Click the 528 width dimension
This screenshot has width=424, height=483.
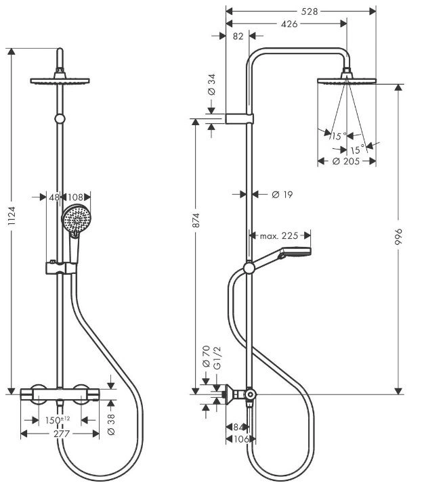[x=309, y=11]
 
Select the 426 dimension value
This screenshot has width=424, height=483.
[x=289, y=24]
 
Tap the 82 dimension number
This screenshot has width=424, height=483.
[x=238, y=36]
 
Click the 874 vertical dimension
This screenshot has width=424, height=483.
[x=196, y=220]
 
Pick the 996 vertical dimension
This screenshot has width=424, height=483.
[x=399, y=237]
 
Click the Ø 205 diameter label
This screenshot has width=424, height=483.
[x=346, y=161]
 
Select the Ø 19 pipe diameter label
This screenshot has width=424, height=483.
[x=282, y=194]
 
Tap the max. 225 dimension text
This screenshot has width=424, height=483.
[x=279, y=236]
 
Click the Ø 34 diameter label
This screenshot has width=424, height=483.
[x=211, y=85]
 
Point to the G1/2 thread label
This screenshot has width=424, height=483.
[x=217, y=358]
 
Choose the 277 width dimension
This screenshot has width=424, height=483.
[x=62, y=434]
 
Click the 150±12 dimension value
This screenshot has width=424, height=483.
[x=58, y=420]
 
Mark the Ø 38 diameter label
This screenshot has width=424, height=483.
[x=111, y=424]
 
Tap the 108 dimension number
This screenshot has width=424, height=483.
[x=75, y=197]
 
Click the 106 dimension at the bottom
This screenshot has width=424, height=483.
[x=241, y=439]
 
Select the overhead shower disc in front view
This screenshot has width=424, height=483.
[x=60, y=81]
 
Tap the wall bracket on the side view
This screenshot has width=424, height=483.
[x=239, y=118]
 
